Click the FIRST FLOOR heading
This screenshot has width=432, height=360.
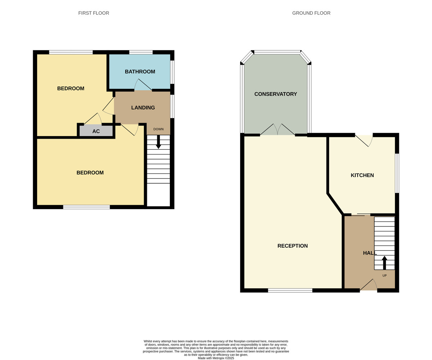pyautogui.click(x=94, y=13)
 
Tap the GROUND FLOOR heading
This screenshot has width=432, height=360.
pyautogui.click(x=311, y=13)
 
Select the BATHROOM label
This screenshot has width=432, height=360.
pyautogui.click(x=140, y=72)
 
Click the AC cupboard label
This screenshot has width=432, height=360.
pyautogui.click(x=96, y=131)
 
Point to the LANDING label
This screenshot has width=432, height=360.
pyautogui.click(x=143, y=108)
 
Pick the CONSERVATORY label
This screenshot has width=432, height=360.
pyautogui.click(x=275, y=94)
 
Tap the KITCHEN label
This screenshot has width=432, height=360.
pyautogui.click(x=362, y=175)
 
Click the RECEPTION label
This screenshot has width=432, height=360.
pyautogui.click(x=292, y=246)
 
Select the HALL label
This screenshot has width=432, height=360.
pyautogui.click(x=370, y=253)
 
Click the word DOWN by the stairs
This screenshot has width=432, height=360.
pyautogui.click(x=158, y=129)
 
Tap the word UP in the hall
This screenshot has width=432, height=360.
pyautogui.click(x=384, y=276)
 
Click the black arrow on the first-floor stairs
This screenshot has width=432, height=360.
pyautogui.click(x=158, y=142)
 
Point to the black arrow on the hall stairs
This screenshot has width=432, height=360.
pyautogui.click(x=384, y=262)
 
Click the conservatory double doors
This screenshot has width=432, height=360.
pyautogui.click(x=277, y=130)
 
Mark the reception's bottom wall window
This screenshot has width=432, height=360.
pyautogui.click(x=290, y=290)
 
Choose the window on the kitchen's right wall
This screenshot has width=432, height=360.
pyautogui.click(x=397, y=173)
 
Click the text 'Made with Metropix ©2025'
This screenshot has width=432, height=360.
pyautogui.click(x=216, y=358)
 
